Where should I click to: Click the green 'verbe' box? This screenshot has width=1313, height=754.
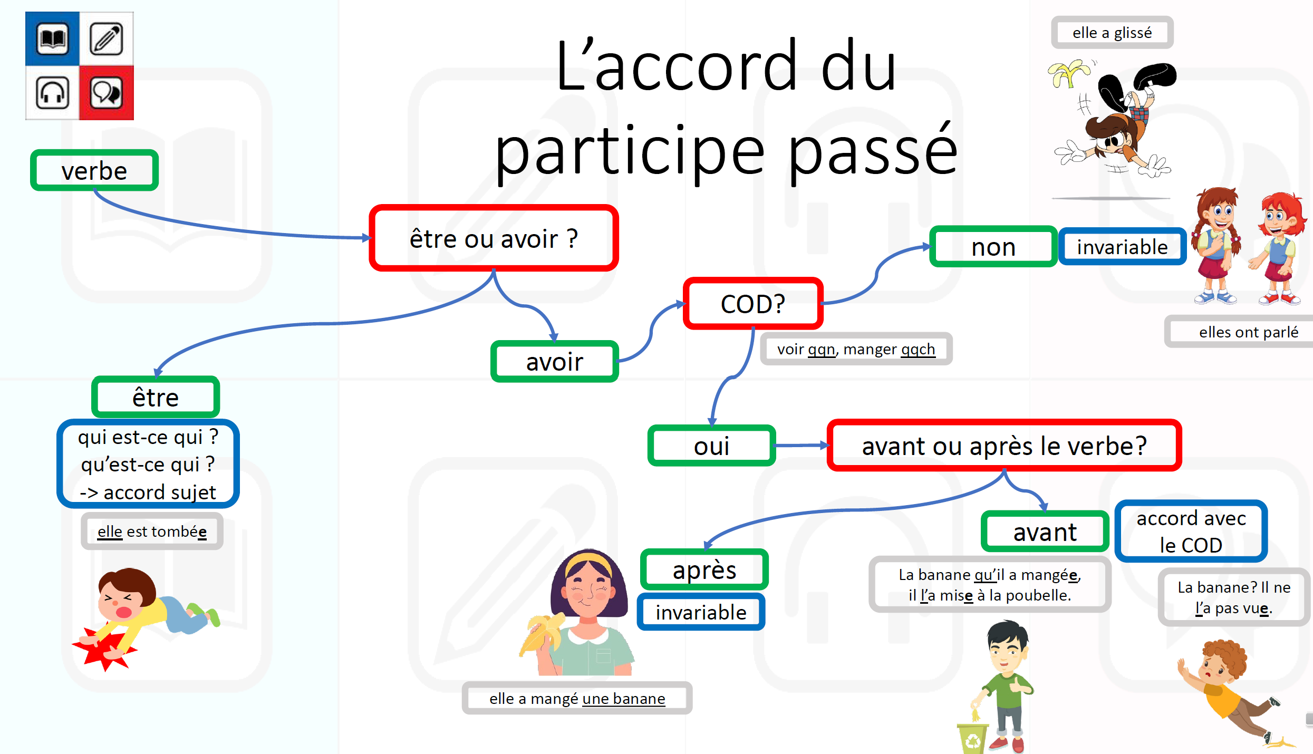tap(94, 170)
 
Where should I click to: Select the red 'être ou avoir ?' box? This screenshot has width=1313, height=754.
tap(494, 238)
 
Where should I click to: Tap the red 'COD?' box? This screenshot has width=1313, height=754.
tap(753, 304)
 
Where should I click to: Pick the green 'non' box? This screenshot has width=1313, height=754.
tap(993, 247)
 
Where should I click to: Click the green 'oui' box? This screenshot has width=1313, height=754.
tap(712, 446)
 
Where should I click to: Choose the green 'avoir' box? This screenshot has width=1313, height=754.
tap(555, 362)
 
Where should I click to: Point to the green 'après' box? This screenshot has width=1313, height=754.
tap(704, 569)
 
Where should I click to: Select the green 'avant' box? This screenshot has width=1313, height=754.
tap(1045, 531)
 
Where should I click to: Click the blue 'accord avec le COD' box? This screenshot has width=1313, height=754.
tap(1191, 531)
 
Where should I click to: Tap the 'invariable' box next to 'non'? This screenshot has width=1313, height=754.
tap(1122, 247)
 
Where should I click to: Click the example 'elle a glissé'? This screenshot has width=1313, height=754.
tap(1112, 33)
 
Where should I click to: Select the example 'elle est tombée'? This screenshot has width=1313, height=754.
tap(152, 531)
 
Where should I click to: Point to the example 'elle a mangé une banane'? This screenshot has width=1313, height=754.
tap(577, 698)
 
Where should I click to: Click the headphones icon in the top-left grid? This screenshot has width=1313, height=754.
tap(53, 93)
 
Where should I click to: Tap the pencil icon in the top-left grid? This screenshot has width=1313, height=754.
tap(107, 39)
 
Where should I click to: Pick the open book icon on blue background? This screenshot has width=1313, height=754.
tap(53, 39)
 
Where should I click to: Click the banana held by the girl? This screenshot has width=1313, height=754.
tap(540, 635)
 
